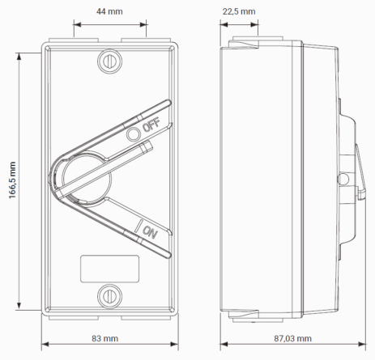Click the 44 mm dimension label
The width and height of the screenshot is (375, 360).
click(109, 11)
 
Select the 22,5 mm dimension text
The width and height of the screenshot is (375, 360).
click(239, 11)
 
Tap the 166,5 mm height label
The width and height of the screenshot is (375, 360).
click(12, 180)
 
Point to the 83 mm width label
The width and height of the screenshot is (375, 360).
click(105, 338)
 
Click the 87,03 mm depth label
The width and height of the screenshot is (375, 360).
click(293, 338)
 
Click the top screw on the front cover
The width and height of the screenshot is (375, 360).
click(109, 61)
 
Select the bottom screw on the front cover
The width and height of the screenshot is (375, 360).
click(109, 296)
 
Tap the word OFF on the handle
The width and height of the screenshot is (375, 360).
click(151, 125)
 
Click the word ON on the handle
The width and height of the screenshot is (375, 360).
click(150, 232)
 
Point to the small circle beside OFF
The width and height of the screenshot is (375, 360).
click(134, 134)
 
